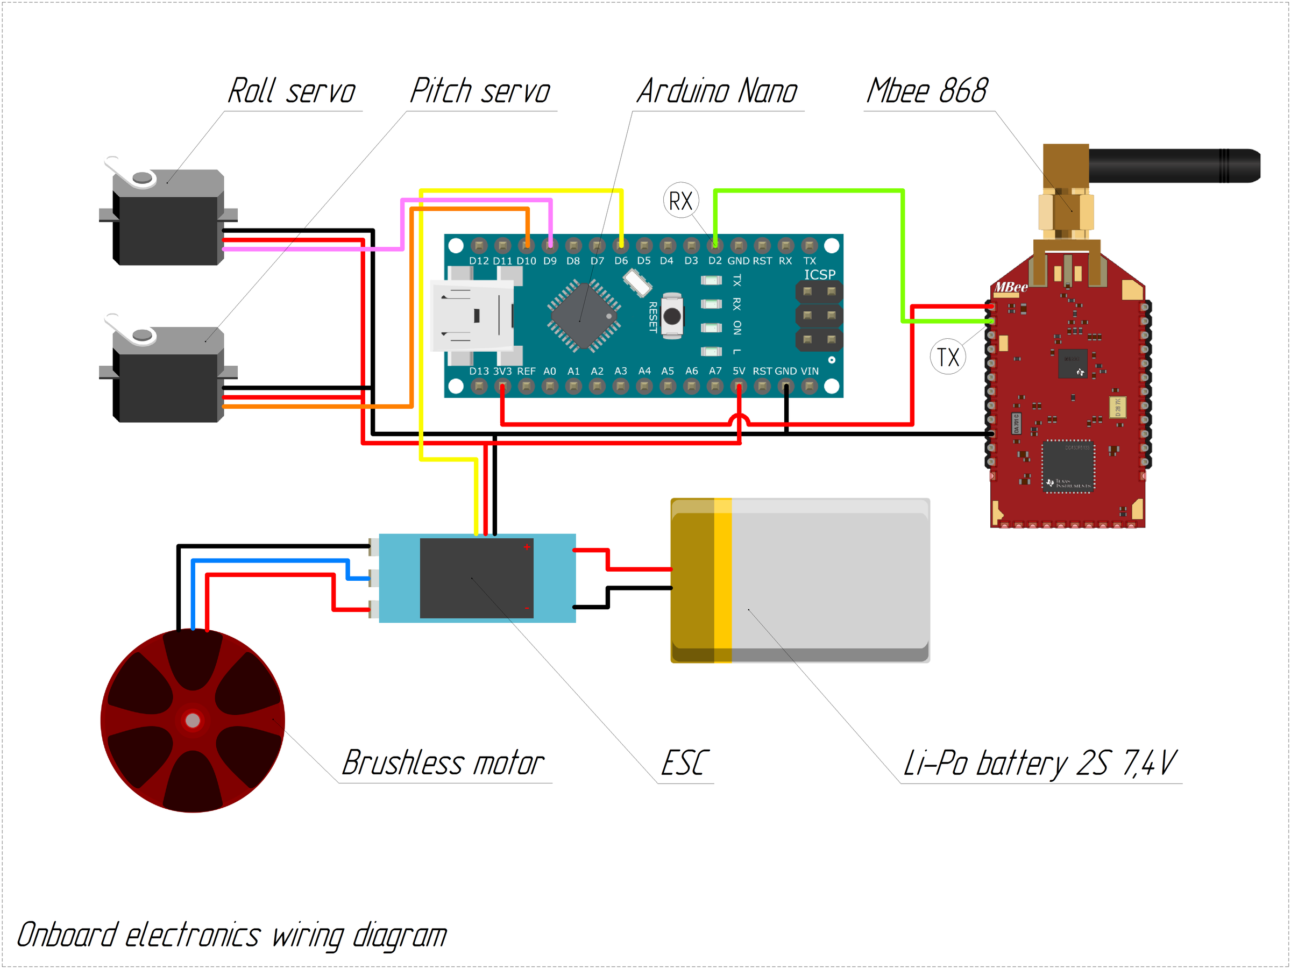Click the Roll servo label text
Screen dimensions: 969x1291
(x=291, y=91)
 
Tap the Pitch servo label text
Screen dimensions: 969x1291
(x=480, y=91)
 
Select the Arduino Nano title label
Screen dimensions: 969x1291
(x=717, y=91)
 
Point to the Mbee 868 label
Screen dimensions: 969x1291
(x=927, y=91)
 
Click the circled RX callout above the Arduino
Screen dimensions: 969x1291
(x=680, y=201)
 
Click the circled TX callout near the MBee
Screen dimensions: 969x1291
(x=948, y=357)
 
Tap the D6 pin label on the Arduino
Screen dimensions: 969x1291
(x=621, y=261)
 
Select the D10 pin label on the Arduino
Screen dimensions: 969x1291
(x=526, y=261)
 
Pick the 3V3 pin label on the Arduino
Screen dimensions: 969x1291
(x=502, y=371)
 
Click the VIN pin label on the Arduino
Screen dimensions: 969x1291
(x=810, y=371)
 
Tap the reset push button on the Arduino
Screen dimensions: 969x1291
(x=672, y=316)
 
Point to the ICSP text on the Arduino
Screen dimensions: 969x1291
(x=819, y=274)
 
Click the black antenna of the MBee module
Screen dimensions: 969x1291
(x=1173, y=166)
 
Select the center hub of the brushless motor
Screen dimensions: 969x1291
(x=193, y=721)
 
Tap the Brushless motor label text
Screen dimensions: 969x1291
(x=442, y=763)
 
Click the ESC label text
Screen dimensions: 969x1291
(x=685, y=763)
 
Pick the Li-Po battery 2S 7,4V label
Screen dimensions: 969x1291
(x=1039, y=763)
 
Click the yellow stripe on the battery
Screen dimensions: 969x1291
(x=722, y=580)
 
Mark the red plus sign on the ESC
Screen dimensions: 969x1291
(x=527, y=547)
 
